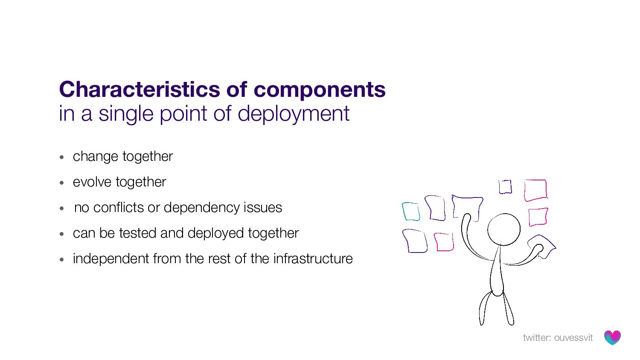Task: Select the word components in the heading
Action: pyautogui.click(x=319, y=90)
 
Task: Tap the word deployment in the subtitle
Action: pyautogui.click(x=293, y=114)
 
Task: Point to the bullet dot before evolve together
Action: pyautogui.click(x=62, y=183)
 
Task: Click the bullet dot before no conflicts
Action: pyautogui.click(x=62, y=209)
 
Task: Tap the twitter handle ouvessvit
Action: pyautogui.click(x=573, y=338)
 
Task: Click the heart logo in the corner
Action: pyautogui.click(x=612, y=337)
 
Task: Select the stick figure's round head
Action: pyautogui.click(x=504, y=229)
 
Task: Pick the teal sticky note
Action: pyautogui.click(x=411, y=212)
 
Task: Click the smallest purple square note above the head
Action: pyautogui.click(x=505, y=187)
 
